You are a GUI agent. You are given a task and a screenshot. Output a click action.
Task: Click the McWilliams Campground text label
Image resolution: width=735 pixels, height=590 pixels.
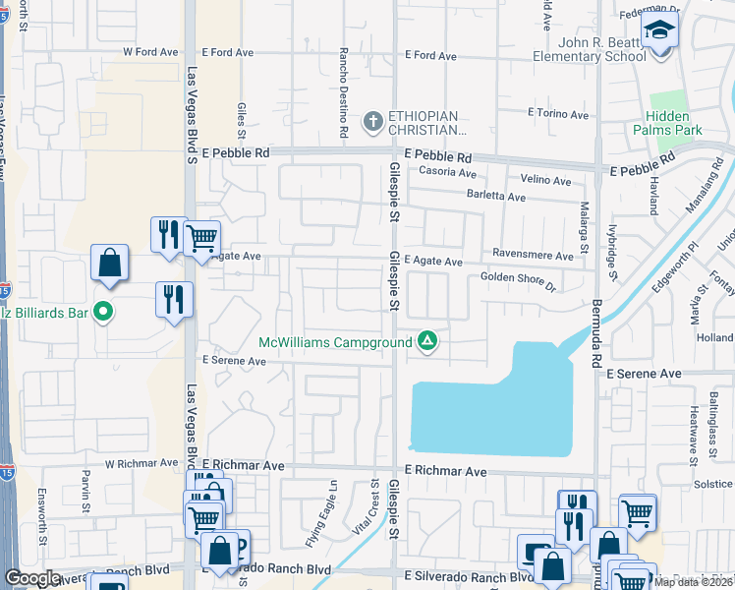[334, 343]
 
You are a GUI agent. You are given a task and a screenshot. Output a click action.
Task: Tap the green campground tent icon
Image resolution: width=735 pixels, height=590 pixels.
[427, 341]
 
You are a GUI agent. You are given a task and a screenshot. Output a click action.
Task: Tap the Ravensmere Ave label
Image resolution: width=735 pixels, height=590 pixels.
[533, 256]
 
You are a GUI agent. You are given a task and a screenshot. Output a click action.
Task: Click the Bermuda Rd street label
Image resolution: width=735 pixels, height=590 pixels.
[595, 333]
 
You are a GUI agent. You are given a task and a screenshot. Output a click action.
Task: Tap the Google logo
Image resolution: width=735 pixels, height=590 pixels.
[33, 578]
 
